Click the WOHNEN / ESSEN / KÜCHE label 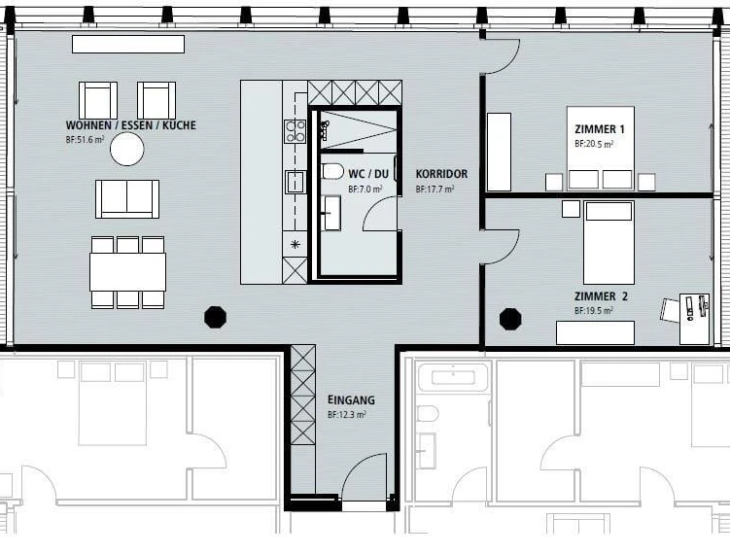(131, 125)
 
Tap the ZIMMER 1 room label (600, 129)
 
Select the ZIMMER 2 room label (601, 296)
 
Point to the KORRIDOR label (441, 174)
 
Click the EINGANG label (351, 399)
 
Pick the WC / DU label (368, 174)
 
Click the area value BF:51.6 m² (85, 139)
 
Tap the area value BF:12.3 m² (346, 414)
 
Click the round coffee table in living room (127, 149)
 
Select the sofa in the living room (127, 199)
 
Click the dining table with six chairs (127, 272)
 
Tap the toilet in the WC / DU (332, 171)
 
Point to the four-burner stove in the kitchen (295, 131)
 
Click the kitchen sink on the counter (295, 182)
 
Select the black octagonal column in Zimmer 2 (510, 319)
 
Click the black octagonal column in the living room (215, 318)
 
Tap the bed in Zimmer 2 (608, 243)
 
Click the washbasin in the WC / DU (331, 213)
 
